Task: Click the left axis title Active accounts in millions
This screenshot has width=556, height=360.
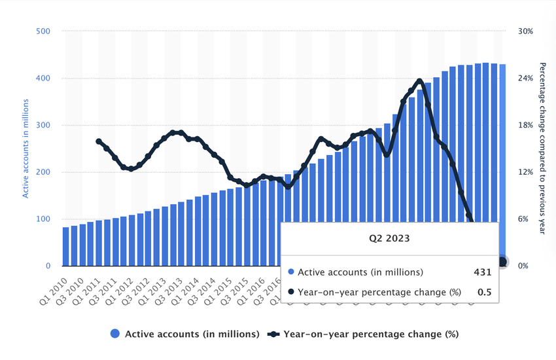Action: (x=26, y=148)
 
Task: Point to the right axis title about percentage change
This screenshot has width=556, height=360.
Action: (x=542, y=148)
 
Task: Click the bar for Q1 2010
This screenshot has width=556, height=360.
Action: (x=65, y=246)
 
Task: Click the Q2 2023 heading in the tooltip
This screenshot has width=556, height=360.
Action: (x=389, y=238)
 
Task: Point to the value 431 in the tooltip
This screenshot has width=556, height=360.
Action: (x=482, y=272)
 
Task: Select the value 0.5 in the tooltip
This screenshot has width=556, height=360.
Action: (x=483, y=293)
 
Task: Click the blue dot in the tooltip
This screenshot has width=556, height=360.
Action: (x=292, y=272)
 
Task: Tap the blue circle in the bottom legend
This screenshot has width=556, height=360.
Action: (x=116, y=334)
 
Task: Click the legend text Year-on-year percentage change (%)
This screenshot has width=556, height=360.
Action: (x=370, y=334)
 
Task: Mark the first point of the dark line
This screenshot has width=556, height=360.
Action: (x=99, y=141)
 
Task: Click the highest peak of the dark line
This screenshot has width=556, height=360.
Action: (x=419, y=81)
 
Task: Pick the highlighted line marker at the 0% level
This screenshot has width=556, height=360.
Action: (x=502, y=262)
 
